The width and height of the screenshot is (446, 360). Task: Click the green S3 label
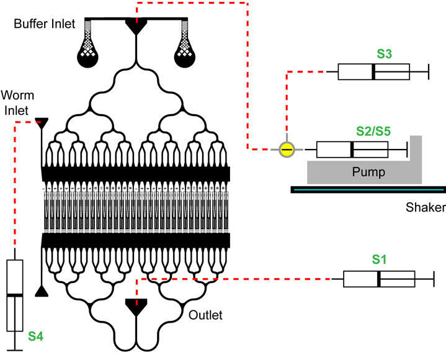tap(384, 54)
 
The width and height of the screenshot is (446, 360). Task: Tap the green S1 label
tap(379, 260)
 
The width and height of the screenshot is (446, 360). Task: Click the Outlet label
tap(206, 315)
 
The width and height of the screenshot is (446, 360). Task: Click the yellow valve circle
tap(287, 149)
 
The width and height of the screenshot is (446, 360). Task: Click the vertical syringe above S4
tap(14, 295)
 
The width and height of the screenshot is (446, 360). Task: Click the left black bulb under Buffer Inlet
tap(87, 56)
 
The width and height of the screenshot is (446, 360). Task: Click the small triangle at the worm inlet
tap(42, 122)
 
